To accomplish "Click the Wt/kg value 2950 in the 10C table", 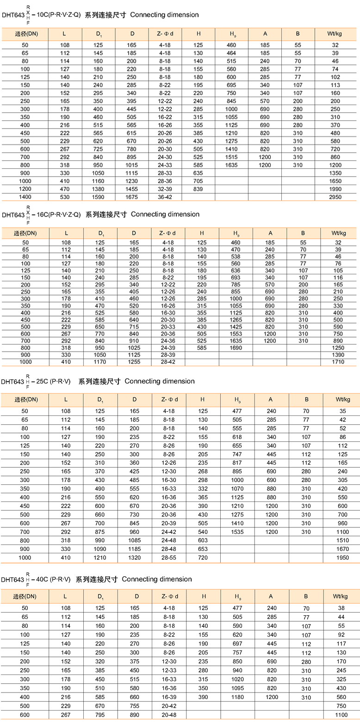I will pos(335,197).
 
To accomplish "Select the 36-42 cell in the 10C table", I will pos(165,197).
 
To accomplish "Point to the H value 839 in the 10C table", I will pos(198,189).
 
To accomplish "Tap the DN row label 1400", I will pos(25,197).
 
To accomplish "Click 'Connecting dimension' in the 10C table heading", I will pos(165,15).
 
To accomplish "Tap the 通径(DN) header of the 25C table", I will pos(25,399).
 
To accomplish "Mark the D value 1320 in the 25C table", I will pos(134,558).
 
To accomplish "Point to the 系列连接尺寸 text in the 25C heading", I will pos(99,382).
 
